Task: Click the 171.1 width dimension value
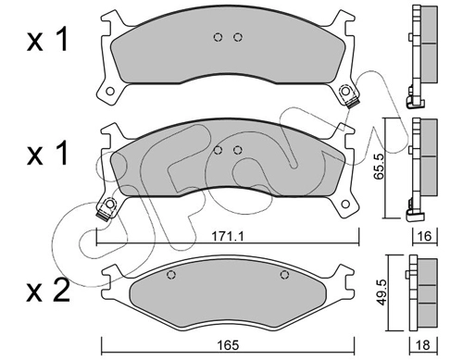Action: pos(228,237)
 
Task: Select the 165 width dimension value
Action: pos(229,345)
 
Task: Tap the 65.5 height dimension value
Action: pos(379,167)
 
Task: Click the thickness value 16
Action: pos(425,236)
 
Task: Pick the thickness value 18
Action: pos(423,345)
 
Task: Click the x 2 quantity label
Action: pos(48,292)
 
